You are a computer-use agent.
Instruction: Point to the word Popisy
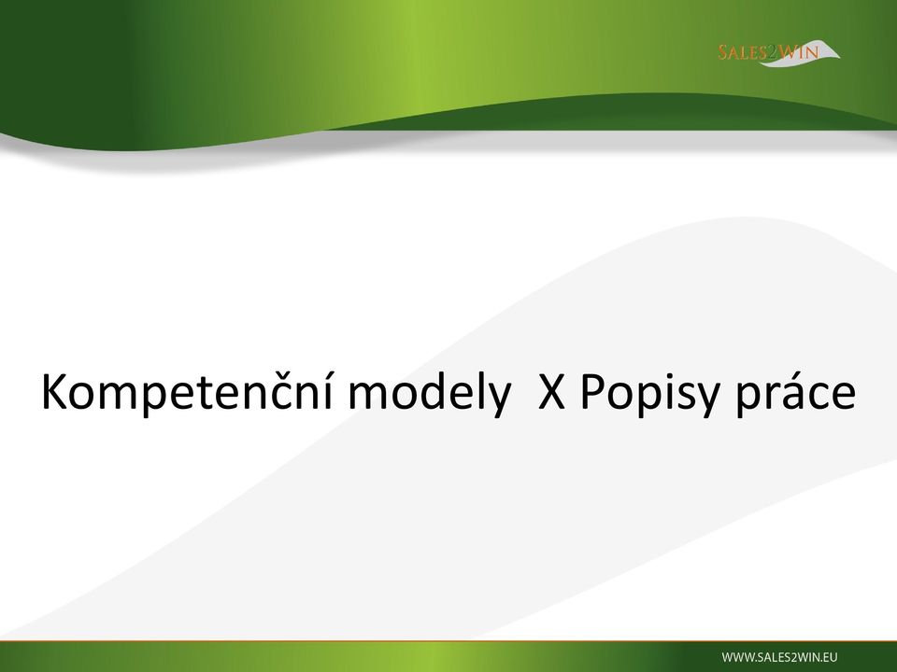648,393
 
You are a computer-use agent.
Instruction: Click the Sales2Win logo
779,52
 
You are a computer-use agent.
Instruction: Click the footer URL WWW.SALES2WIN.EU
779,657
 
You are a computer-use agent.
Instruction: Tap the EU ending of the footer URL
831,657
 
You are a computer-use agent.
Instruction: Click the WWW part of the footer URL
737,657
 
